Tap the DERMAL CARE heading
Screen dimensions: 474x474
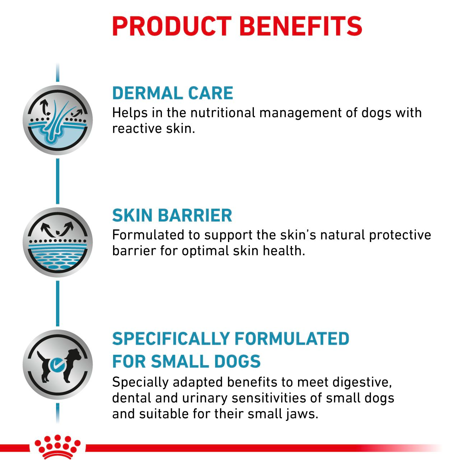tap(173, 93)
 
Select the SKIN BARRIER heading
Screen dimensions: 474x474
tap(172, 215)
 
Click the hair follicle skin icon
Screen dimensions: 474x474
tap(58, 120)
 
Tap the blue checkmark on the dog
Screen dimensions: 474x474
tap(56, 365)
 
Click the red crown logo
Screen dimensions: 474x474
tap(57, 447)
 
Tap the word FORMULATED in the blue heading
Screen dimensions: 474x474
tap(292, 339)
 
